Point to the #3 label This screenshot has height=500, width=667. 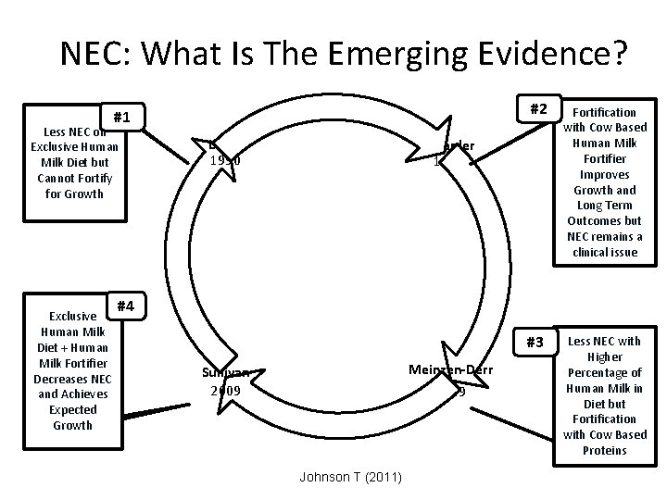534,342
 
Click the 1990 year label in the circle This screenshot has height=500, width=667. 225,160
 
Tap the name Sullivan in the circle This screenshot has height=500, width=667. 225,373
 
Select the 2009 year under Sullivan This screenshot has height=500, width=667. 225,390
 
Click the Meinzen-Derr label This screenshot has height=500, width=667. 451,370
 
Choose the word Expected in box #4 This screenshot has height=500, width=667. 72,409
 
